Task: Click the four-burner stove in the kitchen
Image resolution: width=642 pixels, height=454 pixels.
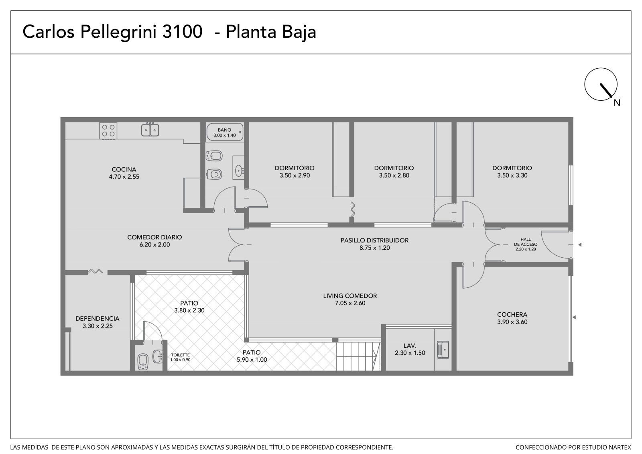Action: tap(108, 131)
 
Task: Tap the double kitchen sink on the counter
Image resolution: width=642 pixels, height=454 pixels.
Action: tap(150, 130)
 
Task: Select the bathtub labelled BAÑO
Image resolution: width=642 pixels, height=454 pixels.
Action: tap(225, 132)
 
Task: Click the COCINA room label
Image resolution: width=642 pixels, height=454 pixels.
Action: tap(124, 169)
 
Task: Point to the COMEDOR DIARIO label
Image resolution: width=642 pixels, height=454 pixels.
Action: tap(154, 237)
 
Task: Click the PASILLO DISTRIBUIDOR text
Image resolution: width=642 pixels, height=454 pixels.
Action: tap(374, 240)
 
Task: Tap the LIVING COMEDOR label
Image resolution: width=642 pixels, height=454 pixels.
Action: tap(350, 296)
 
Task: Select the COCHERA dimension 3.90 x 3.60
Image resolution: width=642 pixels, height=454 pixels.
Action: tap(512, 322)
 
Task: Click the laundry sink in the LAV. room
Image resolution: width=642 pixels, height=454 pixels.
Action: tap(443, 350)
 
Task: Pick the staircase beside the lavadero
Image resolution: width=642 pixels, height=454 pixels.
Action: tap(358, 356)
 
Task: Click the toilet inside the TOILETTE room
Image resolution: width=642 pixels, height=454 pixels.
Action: tap(143, 362)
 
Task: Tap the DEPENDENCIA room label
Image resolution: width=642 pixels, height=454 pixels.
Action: tap(98, 318)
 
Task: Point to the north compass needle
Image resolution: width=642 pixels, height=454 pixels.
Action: tap(606, 90)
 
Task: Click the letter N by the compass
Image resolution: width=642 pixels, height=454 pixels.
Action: tap(617, 103)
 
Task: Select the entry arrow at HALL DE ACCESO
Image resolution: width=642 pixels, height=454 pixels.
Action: tap(580, 244)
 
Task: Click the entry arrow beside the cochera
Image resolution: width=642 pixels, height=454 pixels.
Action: tap(574, 317)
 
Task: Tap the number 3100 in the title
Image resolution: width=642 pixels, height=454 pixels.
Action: tap(182, 32)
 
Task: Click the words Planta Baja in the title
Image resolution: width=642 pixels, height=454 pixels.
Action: tap(271, 32)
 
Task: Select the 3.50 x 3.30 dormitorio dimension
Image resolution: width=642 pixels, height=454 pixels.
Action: tap(512, 175)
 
